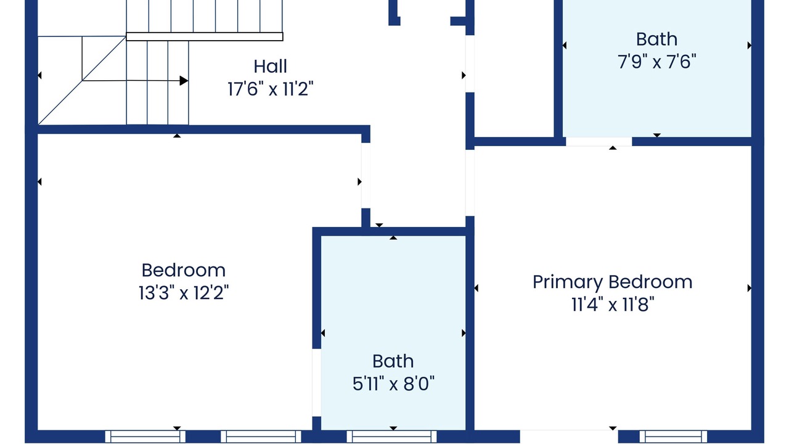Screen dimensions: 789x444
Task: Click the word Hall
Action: pos(270,66)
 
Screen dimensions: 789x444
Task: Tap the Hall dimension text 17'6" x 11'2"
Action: pos(270,89)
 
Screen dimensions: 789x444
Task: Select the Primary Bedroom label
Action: pos(612,282)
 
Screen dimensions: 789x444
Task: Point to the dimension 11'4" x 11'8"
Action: pos(613,305)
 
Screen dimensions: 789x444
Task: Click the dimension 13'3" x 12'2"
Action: pos(184,293)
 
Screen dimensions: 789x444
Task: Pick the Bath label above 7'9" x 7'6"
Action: pos(656,39)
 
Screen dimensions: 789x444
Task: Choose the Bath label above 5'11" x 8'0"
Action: pos(393,361)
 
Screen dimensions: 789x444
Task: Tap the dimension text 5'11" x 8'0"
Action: pos(393,384)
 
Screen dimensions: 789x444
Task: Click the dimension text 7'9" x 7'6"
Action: pos(656,62)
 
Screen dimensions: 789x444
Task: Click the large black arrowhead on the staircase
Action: pos(184,81)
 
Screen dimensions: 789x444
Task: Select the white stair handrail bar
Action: pos(204,36)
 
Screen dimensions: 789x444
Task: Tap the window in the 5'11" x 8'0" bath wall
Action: pos(391,437)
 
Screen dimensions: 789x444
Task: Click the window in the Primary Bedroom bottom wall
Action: pos(673,437)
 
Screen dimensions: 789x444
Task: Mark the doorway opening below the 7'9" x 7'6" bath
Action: pos(599,142)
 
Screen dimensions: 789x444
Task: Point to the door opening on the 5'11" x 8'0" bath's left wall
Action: pos(317,383)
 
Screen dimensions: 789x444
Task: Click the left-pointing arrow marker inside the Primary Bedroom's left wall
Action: pos(476,288)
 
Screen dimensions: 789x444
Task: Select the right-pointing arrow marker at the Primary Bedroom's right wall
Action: pos(749,288)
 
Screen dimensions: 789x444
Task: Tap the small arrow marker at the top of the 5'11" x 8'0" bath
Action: pos(393,238)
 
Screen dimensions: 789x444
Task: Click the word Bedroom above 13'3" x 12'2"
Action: pos(184,271)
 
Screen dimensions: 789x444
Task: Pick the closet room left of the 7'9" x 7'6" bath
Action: pos(514,68)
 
